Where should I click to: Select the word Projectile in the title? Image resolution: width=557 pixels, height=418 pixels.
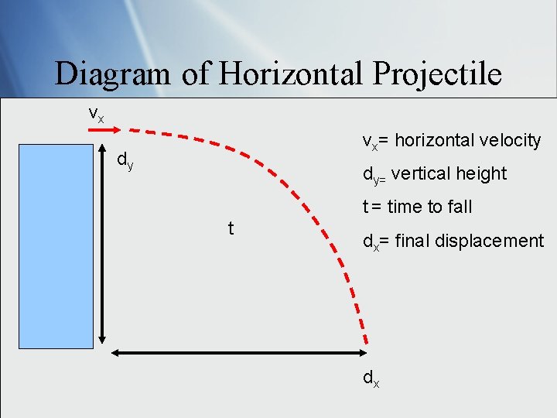[437, 74]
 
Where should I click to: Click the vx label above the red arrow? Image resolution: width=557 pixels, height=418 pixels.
[96, 114]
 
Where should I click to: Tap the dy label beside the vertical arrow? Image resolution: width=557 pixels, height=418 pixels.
[125, 161]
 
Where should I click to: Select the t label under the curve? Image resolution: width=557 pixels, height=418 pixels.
[231, 228]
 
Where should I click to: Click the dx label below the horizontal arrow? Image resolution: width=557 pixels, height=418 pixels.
[371, 379]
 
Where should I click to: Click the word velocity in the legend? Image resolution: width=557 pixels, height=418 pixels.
[506, 140]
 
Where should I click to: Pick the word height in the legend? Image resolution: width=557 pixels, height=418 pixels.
[484, 174]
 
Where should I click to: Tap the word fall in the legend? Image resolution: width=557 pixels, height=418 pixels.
[460, 207]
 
